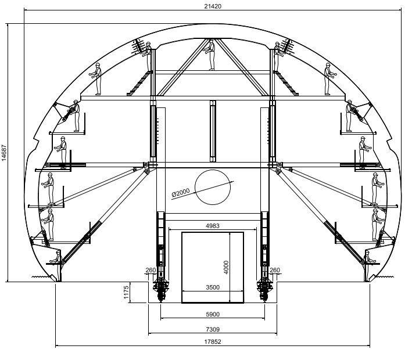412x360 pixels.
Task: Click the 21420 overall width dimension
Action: coord(213,6)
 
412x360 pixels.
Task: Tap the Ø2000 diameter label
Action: coord(181,192)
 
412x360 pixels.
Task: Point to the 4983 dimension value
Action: coord(212,225)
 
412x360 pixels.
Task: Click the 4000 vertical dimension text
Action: coord(226,267)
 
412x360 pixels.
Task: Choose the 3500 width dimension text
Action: coord(213,287)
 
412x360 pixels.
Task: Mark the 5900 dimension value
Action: coord(213,314)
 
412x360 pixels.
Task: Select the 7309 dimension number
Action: coord(213,329)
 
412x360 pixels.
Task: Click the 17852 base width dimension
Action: coord(213,341)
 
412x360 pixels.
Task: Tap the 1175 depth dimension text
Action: coord(126,292)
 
